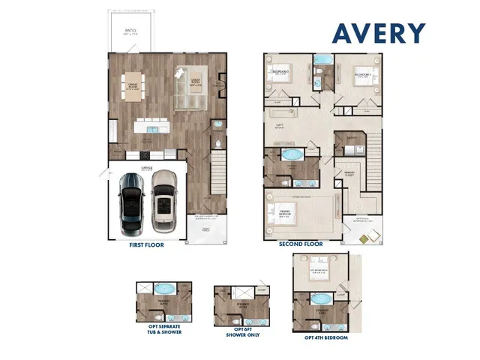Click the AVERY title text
pyautogui.click(x=379, y=33)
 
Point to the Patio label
pyautogui.click(x=130, y=33)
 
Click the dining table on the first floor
pyautogui.click(x=133, y=84)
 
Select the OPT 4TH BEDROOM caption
pyautogui.click(x=325, y=337)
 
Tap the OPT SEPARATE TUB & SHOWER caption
pyautogui.click(x=159, y=330)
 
